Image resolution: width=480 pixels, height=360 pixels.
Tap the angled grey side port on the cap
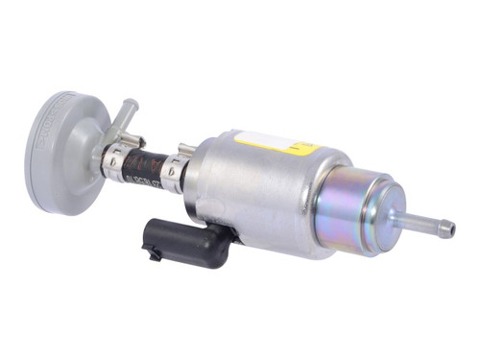(119, 119)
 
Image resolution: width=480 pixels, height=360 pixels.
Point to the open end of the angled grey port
(130, 102)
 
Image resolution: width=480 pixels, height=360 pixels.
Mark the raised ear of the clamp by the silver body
(185, 150)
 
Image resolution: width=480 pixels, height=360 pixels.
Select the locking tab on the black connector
(153, 252)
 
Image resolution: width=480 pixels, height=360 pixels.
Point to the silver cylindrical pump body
(259, 192)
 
